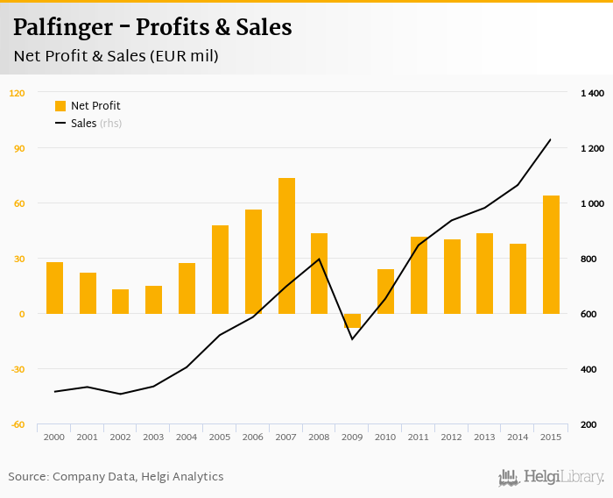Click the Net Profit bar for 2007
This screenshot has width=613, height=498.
click(x=286, y=245)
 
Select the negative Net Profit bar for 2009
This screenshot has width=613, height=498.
click(x=352, y=321)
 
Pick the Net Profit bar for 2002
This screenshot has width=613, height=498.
click(x=120, y=302)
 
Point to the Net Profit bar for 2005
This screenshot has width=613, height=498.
click(x=220, y=269)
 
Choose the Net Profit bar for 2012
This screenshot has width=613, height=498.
click(x=452, y=276)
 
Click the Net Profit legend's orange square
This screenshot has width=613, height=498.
click(x=60, y=106)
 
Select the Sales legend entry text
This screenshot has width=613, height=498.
click(x=83, y=124)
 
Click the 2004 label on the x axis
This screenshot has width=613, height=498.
click(x=187, y=437)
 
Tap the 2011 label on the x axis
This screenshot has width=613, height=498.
click(x=419, y=437)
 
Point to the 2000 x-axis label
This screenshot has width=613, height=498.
click(x=54, y=437)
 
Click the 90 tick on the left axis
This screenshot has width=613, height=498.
click(x=18, y=148)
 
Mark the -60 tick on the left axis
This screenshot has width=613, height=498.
click(x=18, y=424)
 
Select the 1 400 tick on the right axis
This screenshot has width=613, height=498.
click(x=592, y=93)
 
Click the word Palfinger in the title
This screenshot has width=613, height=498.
click(x=62, y=28)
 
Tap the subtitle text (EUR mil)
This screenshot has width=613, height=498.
click(x=181, y=56)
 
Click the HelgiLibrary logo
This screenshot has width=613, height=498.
click(x=551, y=478)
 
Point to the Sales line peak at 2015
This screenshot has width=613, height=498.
click(x=550, y=139)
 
